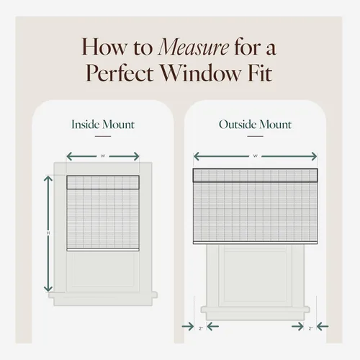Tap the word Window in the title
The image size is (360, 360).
[200, 73]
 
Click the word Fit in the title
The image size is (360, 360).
[260, 73]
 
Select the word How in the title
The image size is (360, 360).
[104, 48]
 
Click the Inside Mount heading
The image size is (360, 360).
[103, 125]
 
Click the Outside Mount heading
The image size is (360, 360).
[255, 125]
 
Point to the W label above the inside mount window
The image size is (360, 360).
[103, 156]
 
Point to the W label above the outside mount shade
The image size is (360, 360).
[256, 156]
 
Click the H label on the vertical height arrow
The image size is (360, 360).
[48, 233]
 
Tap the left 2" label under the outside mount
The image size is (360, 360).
[201, 328]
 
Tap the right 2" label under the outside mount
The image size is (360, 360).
[310, 328]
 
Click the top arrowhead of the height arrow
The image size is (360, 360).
[48, 179]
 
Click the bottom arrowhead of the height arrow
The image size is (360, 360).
[48, 289]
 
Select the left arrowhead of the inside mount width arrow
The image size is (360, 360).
[69, 156]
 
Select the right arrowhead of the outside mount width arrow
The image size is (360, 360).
[314, 156]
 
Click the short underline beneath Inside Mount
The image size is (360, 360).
[103, 136]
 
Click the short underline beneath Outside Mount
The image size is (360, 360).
[256, 136]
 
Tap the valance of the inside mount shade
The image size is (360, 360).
[103, 182]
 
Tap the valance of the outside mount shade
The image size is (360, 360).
[256, 175]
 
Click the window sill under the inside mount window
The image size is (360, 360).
[103, 294]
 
